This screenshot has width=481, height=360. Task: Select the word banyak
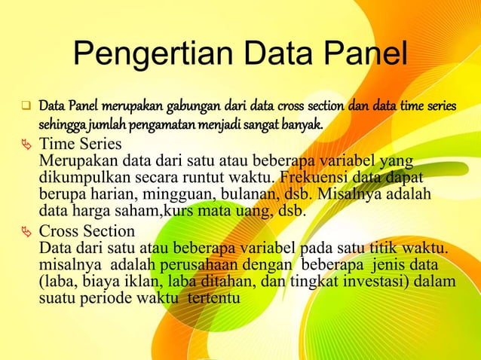(302, 123)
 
